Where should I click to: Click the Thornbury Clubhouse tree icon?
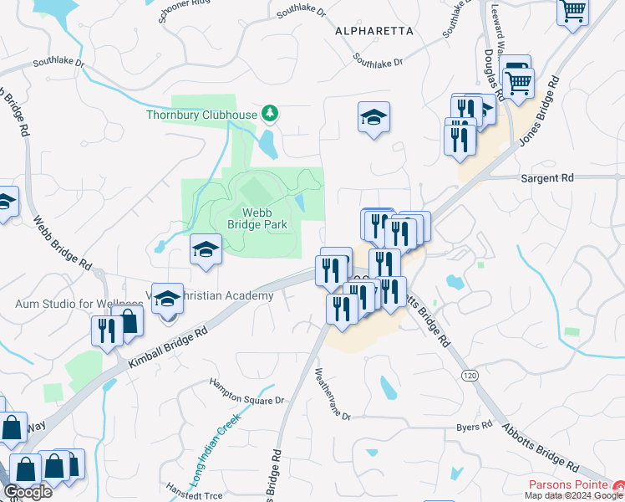click(269, 113)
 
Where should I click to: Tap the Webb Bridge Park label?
click(257, 218)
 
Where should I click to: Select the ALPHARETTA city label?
click(373, 31)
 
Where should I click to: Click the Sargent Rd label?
click(547, 178)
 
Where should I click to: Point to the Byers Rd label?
click(474, 427)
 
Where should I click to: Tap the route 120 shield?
click(470, 376)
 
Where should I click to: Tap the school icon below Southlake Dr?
click(373, 117)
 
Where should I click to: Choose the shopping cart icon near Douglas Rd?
click(518, 84)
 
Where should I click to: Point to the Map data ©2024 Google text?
click(573, 495)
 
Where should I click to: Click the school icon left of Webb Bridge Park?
click(206, 249)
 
